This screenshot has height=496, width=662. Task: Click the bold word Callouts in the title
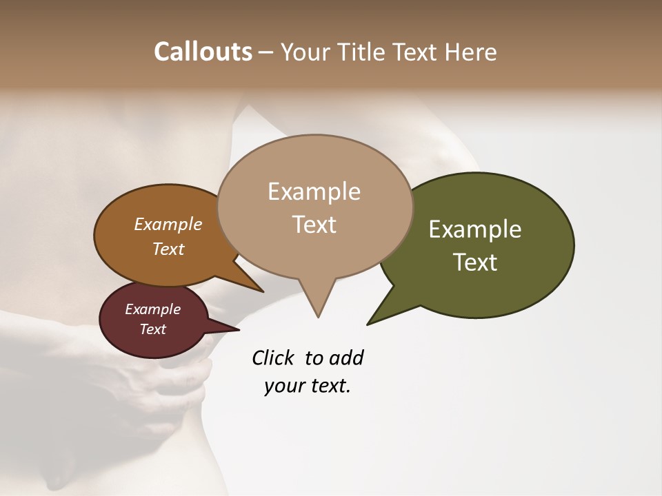tap(203, 52)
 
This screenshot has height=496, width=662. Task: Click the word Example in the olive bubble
tap(475, 229)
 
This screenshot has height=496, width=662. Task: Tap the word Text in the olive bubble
tap(475, 262)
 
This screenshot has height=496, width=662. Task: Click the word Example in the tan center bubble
tap(314, 192)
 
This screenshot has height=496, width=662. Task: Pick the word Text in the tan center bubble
tap(314, 225)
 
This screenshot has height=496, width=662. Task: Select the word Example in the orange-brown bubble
tap(168, 225)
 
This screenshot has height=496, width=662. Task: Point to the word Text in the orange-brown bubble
tap(168, 249)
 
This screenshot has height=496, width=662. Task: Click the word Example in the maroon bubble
tap(152, 309)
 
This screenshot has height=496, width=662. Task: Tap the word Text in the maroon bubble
tap(152, 329)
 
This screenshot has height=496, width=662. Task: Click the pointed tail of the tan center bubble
tap(317, 313)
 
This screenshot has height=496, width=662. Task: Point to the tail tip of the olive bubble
tap(369, 322)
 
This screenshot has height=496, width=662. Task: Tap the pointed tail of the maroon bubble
tap(237, 329)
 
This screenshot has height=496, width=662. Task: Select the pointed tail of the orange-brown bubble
tap(260, 290)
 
